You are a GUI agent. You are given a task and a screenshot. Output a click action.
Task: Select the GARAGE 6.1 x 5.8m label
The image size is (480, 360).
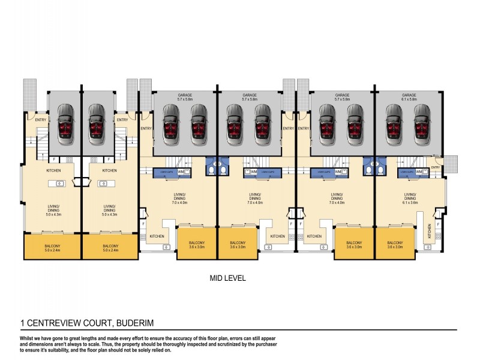click(x=409, y=97)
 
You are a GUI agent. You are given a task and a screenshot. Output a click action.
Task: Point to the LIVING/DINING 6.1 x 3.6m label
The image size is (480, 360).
click(x=410, y=197)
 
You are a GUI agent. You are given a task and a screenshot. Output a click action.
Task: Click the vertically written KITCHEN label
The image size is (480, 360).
click(x=430, y=230)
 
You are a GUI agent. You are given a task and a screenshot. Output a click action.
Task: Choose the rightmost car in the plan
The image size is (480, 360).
click(x=421, y=122)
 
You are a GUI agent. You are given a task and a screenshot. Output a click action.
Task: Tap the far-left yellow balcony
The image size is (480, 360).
click(x=52, y=247)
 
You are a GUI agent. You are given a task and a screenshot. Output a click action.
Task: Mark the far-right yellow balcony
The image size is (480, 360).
click(x=395, y=247)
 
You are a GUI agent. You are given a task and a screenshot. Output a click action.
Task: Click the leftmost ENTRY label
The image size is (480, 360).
click(x=40, y=119)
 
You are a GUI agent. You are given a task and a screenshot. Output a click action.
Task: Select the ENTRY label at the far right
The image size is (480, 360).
click(x=436, y=167)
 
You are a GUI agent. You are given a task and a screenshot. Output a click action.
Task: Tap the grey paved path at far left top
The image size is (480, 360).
click(x=29, y=93)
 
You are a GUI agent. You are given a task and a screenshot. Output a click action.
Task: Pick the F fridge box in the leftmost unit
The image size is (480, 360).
click(x=55, y=160)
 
